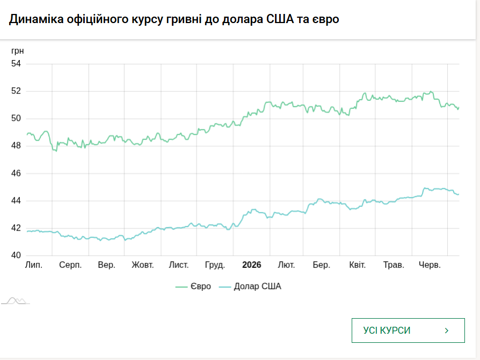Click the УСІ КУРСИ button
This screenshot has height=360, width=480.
[408, 330]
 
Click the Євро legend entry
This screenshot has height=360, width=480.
[193, 286]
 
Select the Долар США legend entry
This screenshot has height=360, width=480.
[250, 286]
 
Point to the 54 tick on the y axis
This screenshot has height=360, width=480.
[16, 64]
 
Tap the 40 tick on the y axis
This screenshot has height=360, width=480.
[16, 255]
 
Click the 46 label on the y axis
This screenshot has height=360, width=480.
[16, 173]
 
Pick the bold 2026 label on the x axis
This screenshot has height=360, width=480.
[252, 265]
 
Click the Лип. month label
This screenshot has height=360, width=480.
[34, 265]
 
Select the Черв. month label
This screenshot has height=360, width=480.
[430, 265]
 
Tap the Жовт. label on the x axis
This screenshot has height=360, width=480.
[143, 265]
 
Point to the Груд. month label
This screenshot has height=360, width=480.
[215, 265]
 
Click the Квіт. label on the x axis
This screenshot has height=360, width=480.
[357, 265]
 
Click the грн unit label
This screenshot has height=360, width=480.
[17, 51]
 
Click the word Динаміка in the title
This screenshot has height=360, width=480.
[36, 19]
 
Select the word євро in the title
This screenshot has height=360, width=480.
[326, 19]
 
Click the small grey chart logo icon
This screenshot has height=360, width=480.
[16, 301]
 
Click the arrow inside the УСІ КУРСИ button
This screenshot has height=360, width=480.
[447, 330]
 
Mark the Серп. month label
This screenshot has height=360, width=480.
[70, 265]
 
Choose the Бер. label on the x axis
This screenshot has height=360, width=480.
[322, 265]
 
